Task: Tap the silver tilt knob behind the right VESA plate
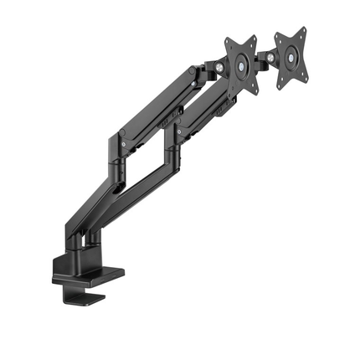[x=270, y=58]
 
